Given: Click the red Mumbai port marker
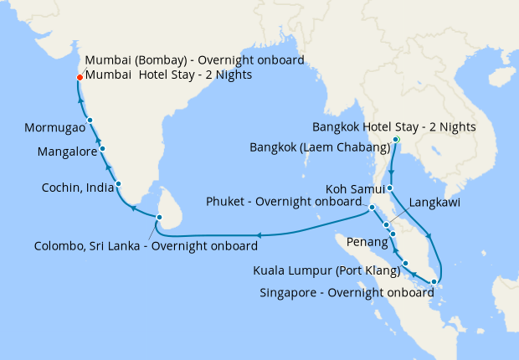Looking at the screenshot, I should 80,77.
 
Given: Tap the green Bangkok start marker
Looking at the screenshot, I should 396,139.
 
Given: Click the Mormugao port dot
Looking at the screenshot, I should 90,121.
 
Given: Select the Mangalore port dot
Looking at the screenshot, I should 102,148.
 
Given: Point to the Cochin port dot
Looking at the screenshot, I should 119,184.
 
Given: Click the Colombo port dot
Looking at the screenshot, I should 157,218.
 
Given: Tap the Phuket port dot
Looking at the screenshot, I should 371,206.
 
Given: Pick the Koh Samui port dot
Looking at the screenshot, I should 390,188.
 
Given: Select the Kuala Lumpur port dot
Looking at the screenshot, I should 405,264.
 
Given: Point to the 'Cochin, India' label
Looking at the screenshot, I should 78,188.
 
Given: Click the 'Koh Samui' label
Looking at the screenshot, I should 353,188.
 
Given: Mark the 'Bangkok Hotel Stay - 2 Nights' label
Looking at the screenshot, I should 393,127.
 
